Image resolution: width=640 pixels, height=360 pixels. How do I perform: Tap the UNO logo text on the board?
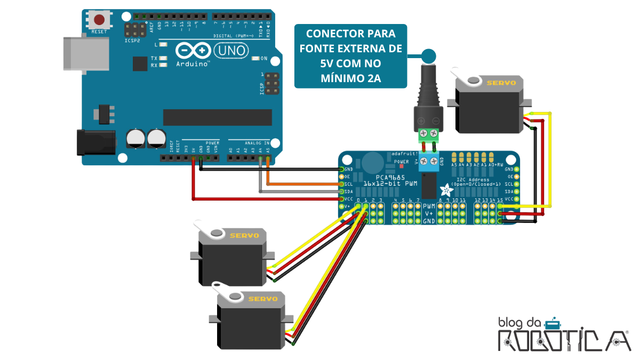coord(231,51)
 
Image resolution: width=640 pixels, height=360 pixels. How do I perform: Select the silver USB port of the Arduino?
coord(85,53)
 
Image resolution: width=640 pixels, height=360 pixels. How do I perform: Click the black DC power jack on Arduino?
coord(96,142)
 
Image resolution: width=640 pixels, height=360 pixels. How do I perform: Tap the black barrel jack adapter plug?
coord(429,96)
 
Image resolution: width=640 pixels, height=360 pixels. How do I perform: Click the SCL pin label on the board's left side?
coord(349,183)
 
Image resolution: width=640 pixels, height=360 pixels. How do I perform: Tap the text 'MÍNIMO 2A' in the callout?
coord(350,78)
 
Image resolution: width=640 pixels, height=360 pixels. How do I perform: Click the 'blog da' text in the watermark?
coord(520,322)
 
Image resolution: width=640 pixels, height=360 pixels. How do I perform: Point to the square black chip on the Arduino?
coord(140,64)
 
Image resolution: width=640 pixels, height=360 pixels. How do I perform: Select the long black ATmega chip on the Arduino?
coord(217,117)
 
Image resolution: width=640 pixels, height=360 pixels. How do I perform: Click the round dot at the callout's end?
coord(428,55)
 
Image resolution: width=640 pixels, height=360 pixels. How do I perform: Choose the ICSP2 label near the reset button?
coord(132,41)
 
